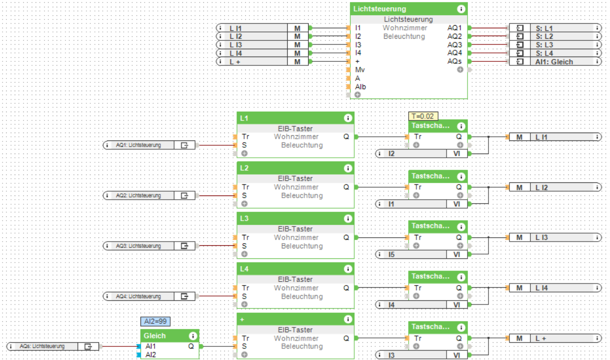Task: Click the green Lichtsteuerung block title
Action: tap(380, 9)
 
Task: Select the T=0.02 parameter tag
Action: tap(423, 116)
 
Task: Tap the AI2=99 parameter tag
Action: tap(155, 322)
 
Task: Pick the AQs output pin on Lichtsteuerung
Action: tap(454, 61)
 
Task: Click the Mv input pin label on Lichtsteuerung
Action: tap(360, 70)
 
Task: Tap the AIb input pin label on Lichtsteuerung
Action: tap(361, 86)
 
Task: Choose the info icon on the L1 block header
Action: tap(347, 118)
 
